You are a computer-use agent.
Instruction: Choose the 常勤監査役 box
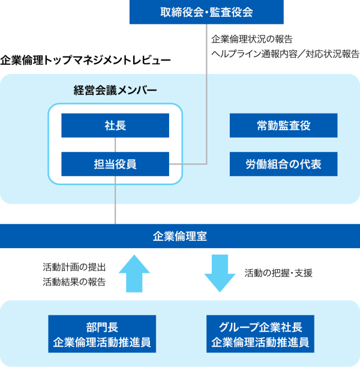[283, 126]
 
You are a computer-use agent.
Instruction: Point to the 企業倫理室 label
[180, 236]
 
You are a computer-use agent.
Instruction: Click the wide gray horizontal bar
[234, 213]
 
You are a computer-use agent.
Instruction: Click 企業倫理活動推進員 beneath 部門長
[102, 343]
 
